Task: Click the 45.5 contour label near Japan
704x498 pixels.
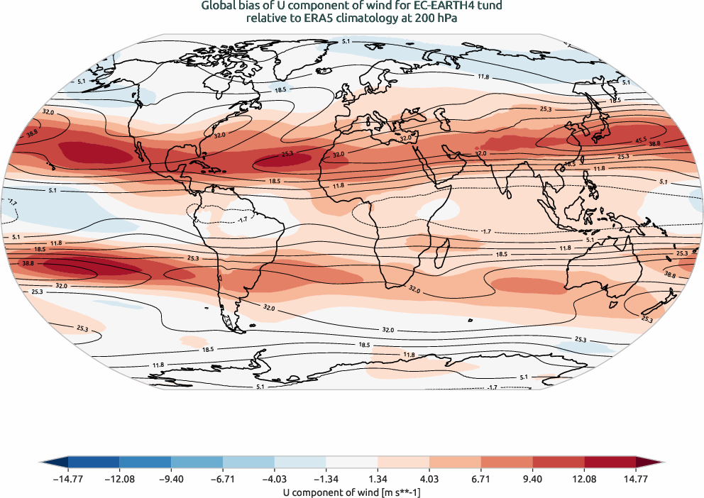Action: [x=640, y=140]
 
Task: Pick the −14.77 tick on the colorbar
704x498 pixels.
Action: [x=68, y=480]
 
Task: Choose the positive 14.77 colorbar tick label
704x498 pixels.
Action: [x=636, y=480]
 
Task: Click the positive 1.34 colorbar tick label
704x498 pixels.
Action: [x=378, y=480]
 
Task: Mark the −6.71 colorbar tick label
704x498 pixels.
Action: [x=223, y=480]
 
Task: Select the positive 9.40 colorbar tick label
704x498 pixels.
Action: [x=532, y=480]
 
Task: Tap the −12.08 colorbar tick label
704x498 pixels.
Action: [x=120, y=480]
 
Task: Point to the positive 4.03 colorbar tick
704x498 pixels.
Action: [x=429, y=480]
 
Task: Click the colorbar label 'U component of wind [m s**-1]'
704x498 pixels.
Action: [x=352, y=492]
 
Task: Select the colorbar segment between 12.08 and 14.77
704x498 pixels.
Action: [x=610, y=463]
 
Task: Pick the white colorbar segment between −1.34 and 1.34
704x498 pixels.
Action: [x=352, y=463]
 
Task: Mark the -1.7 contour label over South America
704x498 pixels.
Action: [x=242, y=219]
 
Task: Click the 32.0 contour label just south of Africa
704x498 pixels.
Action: [x=414, y=290]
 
